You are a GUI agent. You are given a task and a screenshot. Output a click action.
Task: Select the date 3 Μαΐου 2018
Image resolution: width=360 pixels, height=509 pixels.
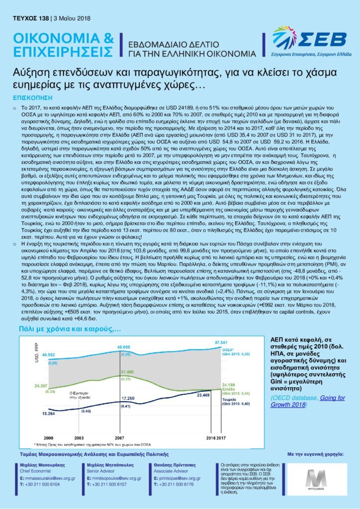(x=72, y=19)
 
